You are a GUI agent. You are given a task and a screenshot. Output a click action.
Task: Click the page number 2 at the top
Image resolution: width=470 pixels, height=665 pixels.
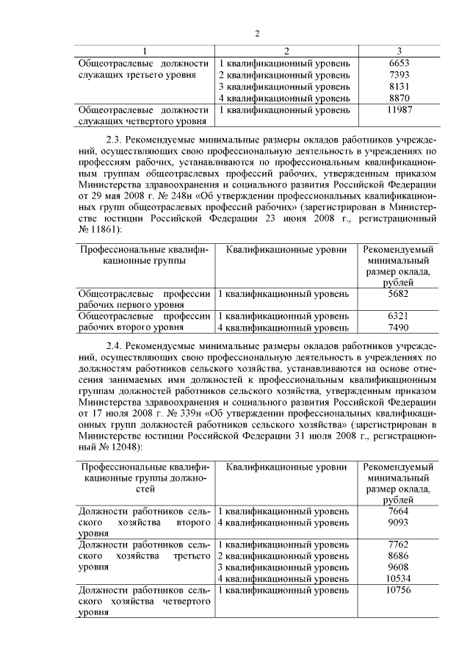click(x=257, y=33)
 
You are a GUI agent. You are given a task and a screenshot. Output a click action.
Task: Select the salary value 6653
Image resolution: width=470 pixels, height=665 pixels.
click(x=399, y=63)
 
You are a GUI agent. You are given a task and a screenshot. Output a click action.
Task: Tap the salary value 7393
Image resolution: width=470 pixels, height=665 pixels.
click(x=399, y=75)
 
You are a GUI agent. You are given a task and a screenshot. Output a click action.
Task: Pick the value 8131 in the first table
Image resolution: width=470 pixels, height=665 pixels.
click(x=399, y=86)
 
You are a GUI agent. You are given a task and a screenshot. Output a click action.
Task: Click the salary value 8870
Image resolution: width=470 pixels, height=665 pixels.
click(x=399, y=98)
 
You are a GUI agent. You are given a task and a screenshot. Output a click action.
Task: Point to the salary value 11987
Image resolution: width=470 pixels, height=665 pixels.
click(x=399, y=109)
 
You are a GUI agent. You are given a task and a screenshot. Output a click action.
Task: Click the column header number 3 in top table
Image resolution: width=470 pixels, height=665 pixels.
click(x=399, y=51)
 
